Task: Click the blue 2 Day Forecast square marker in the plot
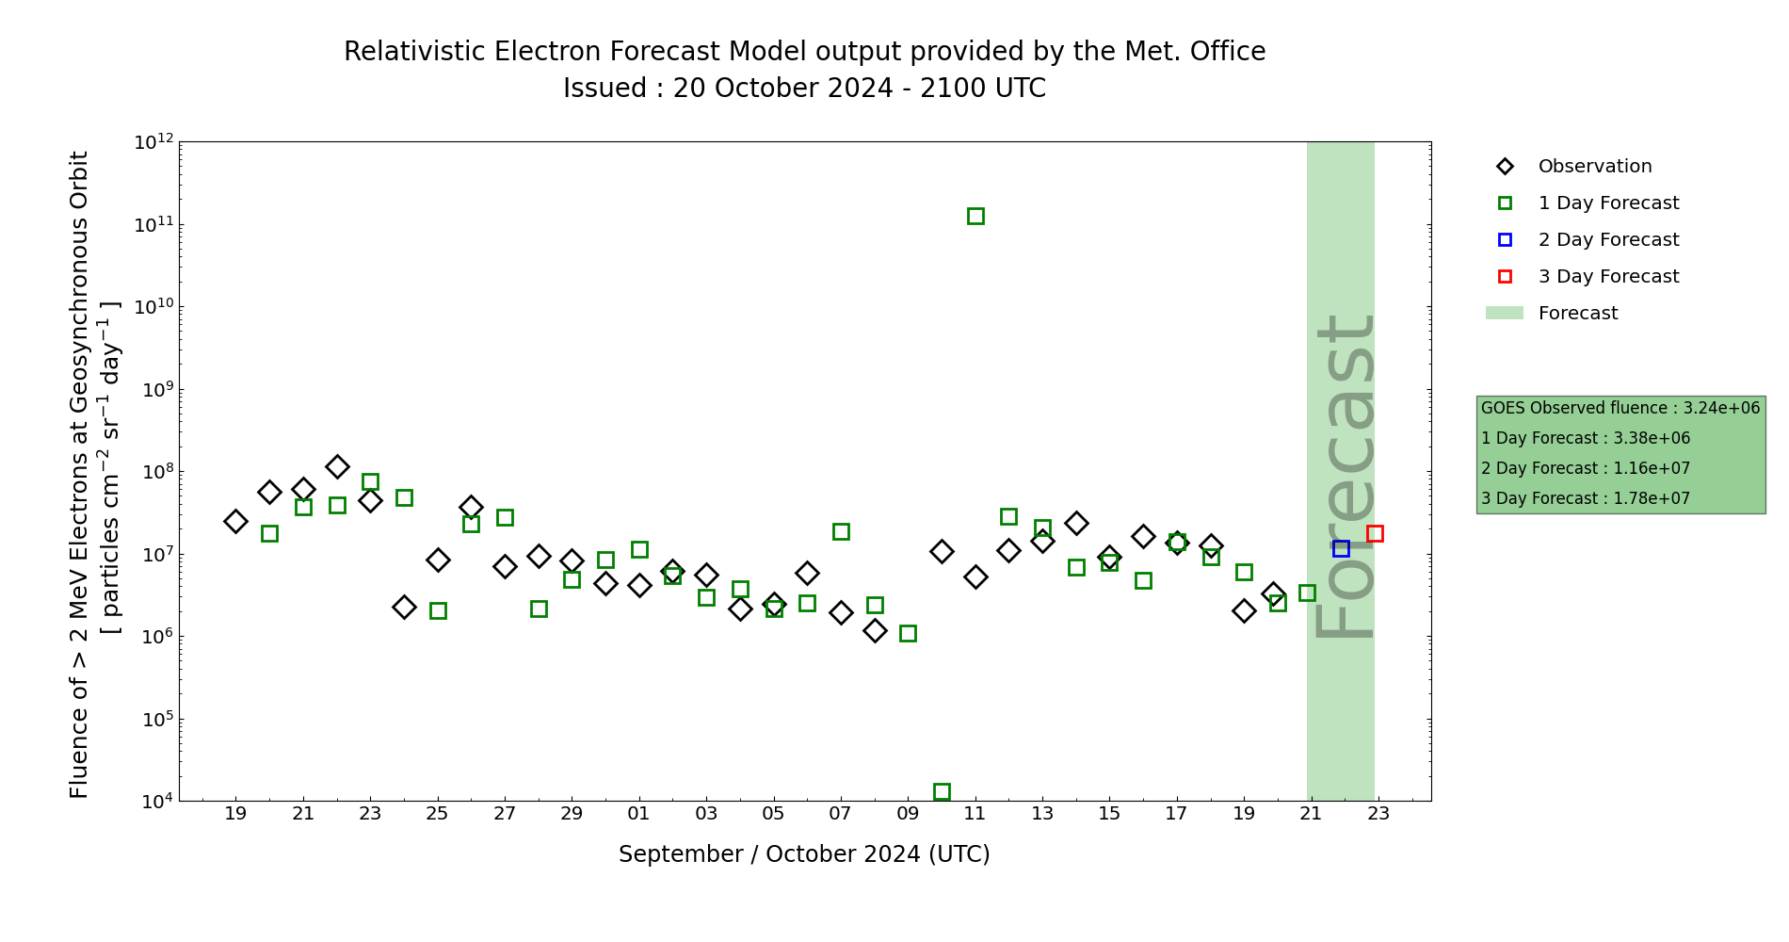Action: coord(1341,548)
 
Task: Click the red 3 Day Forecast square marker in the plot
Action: coord(1375,533)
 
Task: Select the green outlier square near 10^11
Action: coord(975,216)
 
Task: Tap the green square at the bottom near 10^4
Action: coord(942,791)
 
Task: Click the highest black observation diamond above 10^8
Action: coord(337,466)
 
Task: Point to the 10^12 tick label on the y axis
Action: coord(153,142)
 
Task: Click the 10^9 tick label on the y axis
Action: coord(153,390)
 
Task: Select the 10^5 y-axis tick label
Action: coord(153,720)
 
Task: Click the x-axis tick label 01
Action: coord(639,813)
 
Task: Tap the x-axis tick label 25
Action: coord(438,813)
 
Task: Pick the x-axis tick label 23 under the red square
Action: coord(1378,813)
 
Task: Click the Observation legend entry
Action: coord(1594,167)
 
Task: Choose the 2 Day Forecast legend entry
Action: coord(1607,240)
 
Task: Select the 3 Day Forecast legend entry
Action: coord(1607,277)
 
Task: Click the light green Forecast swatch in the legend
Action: coord(1504,313)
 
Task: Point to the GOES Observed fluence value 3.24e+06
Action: coord(1721,408)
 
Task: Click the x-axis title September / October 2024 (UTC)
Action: coord(804,854)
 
